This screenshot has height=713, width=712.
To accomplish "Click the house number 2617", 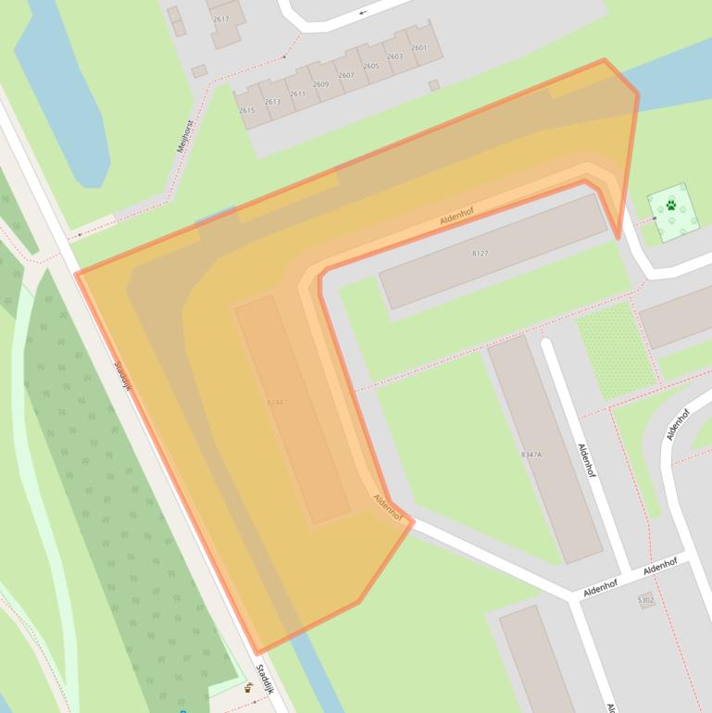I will click(220, 19).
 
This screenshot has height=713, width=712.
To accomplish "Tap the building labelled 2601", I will click(418, 48).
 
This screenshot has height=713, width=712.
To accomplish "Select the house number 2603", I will click(394, 57).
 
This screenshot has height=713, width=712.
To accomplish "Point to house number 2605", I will click(371, 67).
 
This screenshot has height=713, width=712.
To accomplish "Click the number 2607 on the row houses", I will click(346, 76).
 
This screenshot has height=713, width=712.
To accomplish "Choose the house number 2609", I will click(320, 85).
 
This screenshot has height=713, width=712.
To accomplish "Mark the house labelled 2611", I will click(297, 94).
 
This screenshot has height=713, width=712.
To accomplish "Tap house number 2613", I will click(272, 103).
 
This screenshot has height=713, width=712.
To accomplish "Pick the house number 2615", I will click(246, 111).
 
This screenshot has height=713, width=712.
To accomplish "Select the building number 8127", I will click(480, 254).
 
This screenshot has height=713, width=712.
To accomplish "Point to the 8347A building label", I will click(531, 456).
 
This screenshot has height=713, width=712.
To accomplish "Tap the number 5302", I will click(645, 601).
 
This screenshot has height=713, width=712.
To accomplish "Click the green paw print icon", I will click(671, 206).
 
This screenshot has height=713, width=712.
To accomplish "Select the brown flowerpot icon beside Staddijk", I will click(248, 688).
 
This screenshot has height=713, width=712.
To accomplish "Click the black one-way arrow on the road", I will click(362, 12).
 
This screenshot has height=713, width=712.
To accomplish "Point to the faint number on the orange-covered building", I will click(275, 403).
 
